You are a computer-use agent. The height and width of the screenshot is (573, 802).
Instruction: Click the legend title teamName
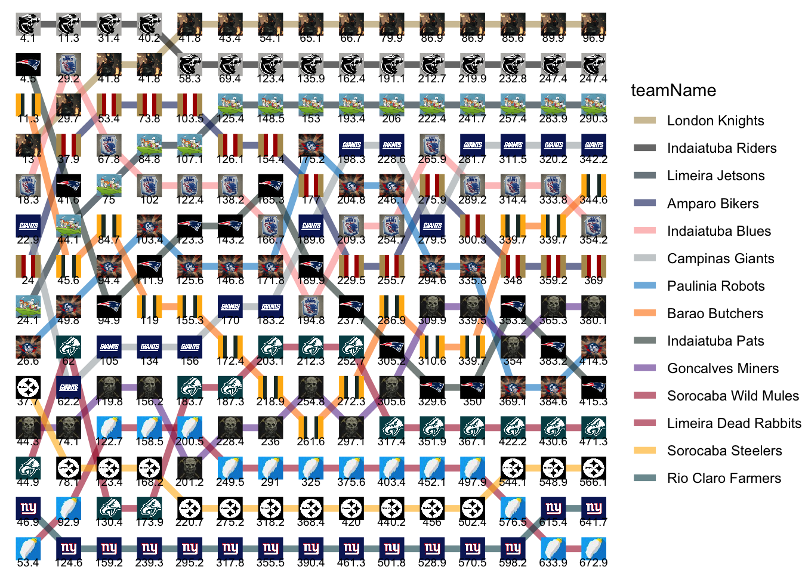point(673,90)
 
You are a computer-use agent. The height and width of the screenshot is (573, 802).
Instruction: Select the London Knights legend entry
point(715,121)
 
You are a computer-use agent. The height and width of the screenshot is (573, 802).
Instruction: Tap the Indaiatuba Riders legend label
point(721,148)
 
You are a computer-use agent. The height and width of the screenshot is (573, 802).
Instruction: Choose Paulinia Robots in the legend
point(715,286)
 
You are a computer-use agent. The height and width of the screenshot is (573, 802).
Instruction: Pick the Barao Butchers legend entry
point(715,313)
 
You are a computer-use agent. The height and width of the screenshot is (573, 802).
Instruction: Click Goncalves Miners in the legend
point(723,368)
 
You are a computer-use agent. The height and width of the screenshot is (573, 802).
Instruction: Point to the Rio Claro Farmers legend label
point(724,478)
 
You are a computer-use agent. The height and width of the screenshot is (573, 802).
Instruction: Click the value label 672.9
point(593,562)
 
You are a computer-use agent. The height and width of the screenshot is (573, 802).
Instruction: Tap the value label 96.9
point(593,38)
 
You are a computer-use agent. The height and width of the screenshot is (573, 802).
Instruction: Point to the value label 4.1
point(28,38)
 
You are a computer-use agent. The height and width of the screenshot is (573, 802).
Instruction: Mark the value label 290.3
point(593,119)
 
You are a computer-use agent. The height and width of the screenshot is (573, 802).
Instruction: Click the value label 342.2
point(593,159)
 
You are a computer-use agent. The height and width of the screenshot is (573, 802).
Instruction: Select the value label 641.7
point(593,522)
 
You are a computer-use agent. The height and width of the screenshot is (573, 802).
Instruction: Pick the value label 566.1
point(593,482)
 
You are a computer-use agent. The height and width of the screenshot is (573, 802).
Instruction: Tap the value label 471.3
point(593,441)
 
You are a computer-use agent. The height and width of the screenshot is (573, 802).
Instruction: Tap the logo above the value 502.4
point(472,508)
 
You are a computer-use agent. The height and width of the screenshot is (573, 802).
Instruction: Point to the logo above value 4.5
point(28,64)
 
